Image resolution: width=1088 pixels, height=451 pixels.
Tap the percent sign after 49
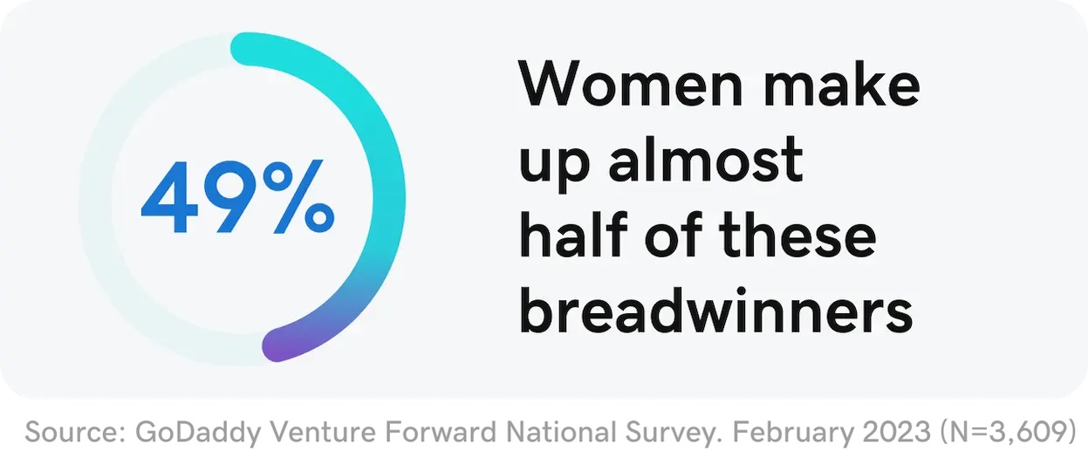[298, 196]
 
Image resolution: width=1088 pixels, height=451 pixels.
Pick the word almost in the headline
[705, 160]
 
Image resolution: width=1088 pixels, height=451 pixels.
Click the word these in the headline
[797, 235]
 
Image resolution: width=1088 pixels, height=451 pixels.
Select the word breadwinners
[716, 310]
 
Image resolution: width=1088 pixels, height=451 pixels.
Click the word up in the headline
[555, 165]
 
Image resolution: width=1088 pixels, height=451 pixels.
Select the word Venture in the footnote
[323, 432]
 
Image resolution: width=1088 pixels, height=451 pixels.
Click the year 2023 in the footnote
[897, 432]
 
